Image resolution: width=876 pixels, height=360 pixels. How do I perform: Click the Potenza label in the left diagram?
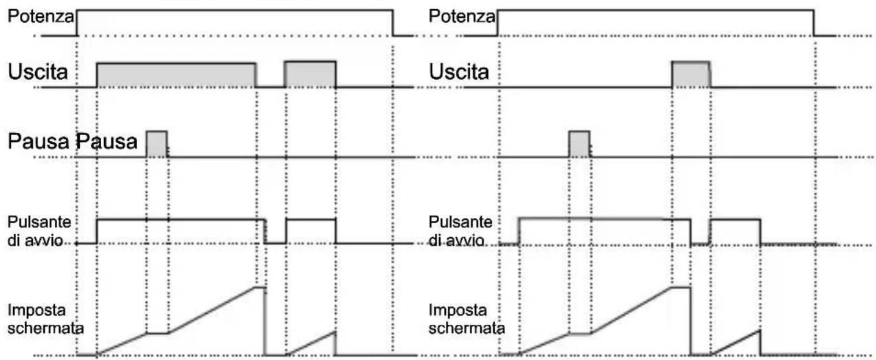[x=41, y=16]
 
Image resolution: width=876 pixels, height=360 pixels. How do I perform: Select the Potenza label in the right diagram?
[x=462, y=16]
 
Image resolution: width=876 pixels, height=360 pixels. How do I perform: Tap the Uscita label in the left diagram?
[x=38, y=72]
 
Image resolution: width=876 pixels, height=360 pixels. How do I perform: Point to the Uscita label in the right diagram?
[x=459, y=72]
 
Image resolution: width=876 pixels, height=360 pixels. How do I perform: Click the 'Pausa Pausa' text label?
[x=73, y=141]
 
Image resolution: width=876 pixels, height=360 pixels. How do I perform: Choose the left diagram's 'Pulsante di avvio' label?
[x=39, y=231]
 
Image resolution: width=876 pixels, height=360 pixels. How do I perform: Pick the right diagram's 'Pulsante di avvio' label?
[x=460, y=231]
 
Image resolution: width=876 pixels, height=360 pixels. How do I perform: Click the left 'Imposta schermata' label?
[x=45, y=319]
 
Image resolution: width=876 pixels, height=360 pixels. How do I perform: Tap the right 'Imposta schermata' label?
[x=467, y=319]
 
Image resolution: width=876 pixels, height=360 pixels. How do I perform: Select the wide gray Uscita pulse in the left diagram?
[x=176, y=75]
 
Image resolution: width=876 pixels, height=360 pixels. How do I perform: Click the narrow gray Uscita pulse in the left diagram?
[x=310, y=74]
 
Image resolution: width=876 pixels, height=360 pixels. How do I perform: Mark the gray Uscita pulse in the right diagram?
[x=691, y=74]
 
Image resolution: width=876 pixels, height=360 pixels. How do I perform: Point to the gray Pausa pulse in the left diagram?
[x=157, y=144]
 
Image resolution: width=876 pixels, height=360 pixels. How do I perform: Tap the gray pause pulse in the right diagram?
[x=579, y=144]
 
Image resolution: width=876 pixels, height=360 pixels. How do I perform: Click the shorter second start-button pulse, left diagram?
[x=310, y=231]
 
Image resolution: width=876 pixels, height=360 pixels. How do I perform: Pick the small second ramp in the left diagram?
[x=310, y=343]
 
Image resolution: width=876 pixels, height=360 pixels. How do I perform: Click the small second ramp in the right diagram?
[x=735, y=343]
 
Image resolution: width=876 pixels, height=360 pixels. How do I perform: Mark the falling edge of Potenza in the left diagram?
[x=393, y=23]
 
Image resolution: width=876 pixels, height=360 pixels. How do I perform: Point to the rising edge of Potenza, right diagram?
[x=498, y=23]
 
